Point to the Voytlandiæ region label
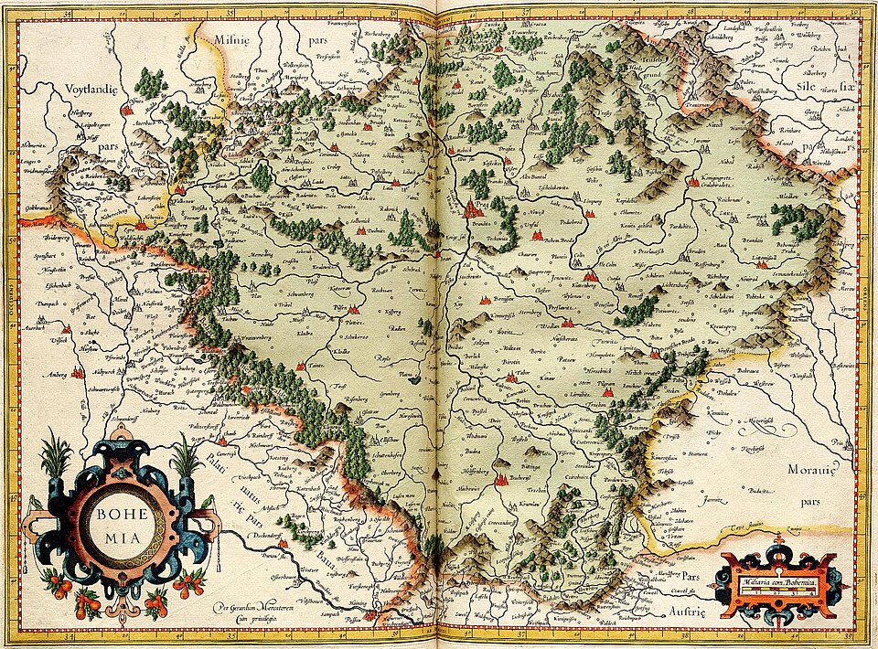click(93, 89)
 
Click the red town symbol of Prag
click(475, 209)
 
